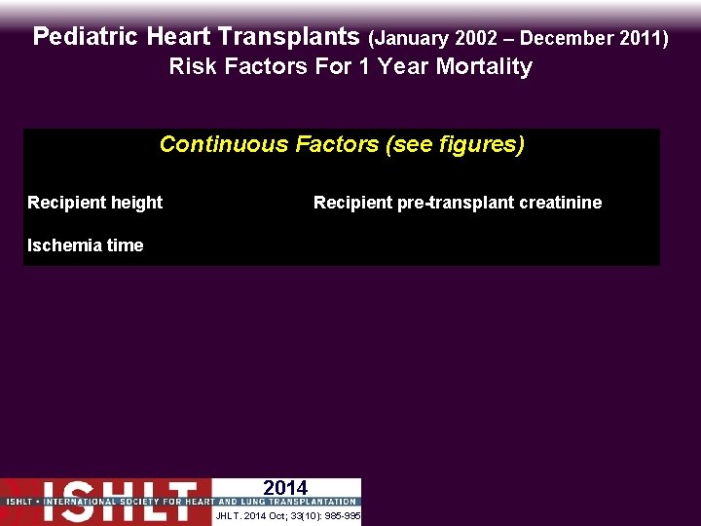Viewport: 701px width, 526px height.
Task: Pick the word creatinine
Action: [565, 203]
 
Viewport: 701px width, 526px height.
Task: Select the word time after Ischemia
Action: [124, 245]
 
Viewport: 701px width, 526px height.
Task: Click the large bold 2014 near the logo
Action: [285, 488]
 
